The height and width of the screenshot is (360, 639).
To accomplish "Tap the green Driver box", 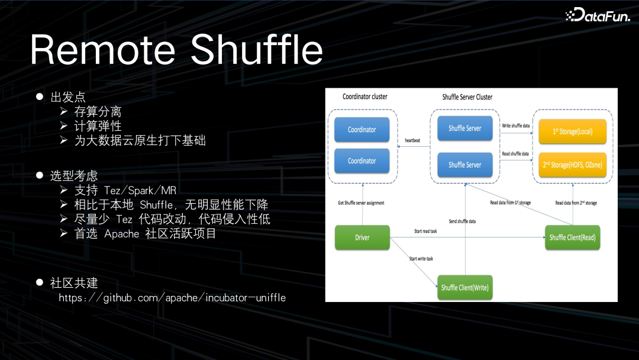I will [x=362, y=237].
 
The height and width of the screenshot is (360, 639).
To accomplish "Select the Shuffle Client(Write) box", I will [x=465, y=288].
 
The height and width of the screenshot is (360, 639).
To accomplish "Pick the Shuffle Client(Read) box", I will [x=572, y=237].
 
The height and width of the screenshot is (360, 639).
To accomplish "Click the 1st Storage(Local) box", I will [x=572, y=131].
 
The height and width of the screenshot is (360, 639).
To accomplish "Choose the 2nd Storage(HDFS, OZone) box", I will [x=572, y=165].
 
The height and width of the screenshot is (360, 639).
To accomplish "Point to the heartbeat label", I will [x=412, y=140].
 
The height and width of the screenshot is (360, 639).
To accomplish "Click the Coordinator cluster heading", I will [x=365, y=97].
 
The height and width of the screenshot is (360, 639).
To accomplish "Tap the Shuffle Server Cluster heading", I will [x=467, y=97].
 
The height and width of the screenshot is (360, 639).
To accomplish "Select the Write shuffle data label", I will [x=515, y=126].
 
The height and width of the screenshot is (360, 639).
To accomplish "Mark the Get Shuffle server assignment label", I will [x=361, y=202].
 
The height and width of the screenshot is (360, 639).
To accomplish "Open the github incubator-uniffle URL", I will [x=172, y=298].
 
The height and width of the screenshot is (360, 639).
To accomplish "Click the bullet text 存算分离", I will [x=98, y=111].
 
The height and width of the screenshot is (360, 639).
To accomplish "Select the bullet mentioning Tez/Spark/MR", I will [x=125, y=191].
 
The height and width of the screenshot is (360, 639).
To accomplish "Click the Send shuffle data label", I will [x=462, y=221].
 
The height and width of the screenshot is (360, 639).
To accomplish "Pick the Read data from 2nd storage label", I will [x=576, y=203].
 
